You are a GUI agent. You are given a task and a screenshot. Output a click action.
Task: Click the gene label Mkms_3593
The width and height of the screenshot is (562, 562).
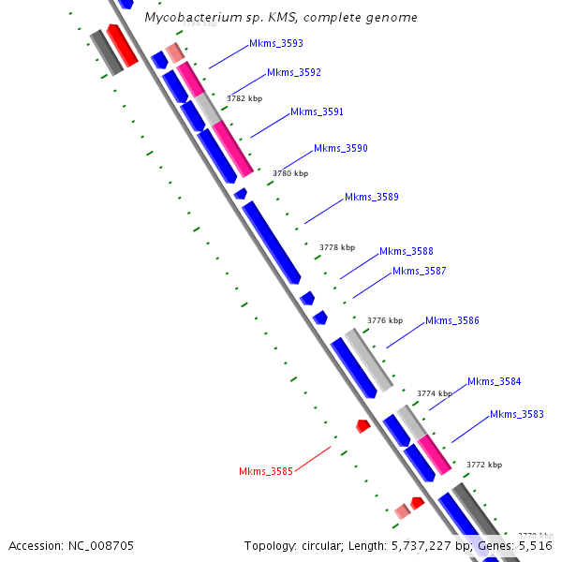point(275,43)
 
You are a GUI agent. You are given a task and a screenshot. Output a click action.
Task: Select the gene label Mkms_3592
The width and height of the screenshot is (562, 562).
point(293,72)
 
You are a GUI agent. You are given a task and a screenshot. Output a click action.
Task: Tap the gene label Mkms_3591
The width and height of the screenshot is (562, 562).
point(317,111)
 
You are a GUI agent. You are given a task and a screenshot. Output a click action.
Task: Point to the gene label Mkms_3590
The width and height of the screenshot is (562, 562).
point(340,148)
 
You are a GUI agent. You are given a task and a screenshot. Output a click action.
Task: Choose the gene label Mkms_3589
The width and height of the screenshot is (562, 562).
point(371,197)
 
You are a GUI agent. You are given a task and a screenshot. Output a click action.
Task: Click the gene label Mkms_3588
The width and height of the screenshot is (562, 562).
point(406,251)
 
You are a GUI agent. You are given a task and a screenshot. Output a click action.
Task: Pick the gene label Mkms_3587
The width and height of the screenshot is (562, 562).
point(419,271)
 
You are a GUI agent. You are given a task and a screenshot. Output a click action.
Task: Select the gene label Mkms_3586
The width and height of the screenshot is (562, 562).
point(451,320)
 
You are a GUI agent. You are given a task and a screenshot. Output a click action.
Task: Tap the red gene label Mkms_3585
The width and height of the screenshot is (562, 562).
point(265,471)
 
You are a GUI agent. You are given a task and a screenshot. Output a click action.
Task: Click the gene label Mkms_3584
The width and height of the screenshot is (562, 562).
point(494,381)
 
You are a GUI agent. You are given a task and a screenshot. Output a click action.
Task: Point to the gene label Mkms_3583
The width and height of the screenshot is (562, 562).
point(516,414)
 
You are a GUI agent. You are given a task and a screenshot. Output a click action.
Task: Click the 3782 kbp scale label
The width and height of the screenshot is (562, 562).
point(244,97)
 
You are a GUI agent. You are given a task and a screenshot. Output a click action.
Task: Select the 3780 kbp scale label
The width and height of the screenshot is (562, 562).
point(290,173)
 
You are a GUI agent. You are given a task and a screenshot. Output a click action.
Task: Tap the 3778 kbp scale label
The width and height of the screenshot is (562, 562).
point(337,247)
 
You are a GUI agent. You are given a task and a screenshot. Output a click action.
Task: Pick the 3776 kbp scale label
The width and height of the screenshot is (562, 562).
point(384,320)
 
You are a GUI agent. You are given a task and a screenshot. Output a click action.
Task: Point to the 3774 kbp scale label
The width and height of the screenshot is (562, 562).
point(434,393)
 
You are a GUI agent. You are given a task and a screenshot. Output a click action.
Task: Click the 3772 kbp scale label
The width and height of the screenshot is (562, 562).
point(484,465)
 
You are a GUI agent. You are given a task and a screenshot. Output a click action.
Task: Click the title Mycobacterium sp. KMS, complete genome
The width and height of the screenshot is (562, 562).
point(281,18)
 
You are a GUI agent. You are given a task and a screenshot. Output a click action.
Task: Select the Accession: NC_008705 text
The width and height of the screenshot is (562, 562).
point(71,545)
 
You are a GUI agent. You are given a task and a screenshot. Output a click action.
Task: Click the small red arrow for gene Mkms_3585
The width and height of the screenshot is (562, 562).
point(362,425)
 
